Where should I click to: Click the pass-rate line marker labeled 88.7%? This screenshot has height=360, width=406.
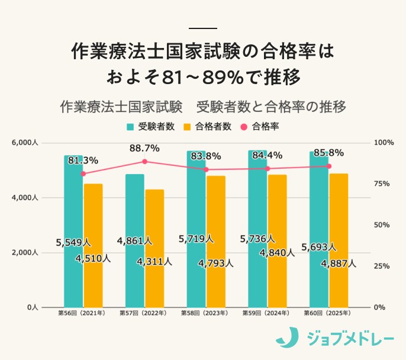pyautogui.click(x=144, y=162)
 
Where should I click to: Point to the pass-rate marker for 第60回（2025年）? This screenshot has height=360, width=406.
pyautogui.click(x=329, y=166)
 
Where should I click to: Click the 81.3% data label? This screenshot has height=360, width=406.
pyautogui.click(x=83, y=160)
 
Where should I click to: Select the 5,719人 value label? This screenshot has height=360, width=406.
pyautogui.click(x=196, y=239)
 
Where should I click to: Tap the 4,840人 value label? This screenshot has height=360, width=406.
pyautogui.click(x=277, y=253)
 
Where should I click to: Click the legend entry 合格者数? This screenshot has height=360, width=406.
pyautogui.click(x=208, y=126)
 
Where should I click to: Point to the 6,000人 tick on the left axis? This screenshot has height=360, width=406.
pyautogui.click(x=25, y=143)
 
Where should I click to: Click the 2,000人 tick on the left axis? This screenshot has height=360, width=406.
pyautogui.click(x=25, y=253)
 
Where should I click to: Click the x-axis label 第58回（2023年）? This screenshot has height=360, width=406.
pyautogui.click(x=205, y=313)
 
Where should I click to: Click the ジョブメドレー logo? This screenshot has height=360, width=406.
pyautogui.click(x=335, y=338)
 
